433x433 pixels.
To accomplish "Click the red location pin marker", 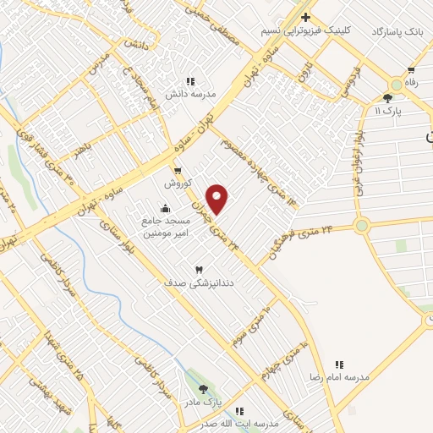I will (x=218, y=199).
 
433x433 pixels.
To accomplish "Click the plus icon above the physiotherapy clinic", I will (x=306, y=17).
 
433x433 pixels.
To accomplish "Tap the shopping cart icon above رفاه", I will (x=411, y=70).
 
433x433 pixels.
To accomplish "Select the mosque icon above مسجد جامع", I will (x=164, y=209).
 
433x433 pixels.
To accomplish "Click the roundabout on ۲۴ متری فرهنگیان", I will (x=362, y=225).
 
